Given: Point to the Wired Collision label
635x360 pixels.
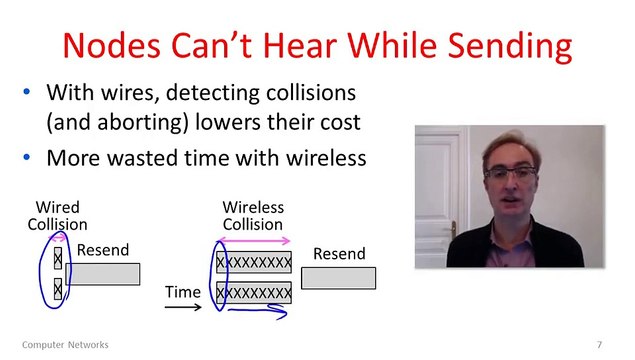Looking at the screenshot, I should [x=57, y=216].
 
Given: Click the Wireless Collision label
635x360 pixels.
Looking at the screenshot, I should [x=253, y=216].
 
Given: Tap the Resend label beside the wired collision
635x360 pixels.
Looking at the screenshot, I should [x=103, y=250].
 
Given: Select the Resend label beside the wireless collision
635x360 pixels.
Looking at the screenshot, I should [x=339, y=253].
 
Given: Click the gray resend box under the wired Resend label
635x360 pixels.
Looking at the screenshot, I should [x=103, y=273].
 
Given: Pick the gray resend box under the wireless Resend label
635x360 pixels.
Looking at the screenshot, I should [x=338, y=278].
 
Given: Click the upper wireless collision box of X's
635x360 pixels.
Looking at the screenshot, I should [x=254, y=264].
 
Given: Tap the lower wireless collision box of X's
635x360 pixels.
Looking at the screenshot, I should [x=254, y=293].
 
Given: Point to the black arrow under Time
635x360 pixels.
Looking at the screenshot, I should [x=184, y=308].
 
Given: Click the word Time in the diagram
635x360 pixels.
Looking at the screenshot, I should [x=183, y=290].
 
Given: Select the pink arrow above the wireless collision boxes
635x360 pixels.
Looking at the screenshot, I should [x=255, y=241].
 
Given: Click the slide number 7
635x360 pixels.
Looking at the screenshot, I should [x=599, y=345].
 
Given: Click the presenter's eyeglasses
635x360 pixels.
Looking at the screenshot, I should [x=511, y=172].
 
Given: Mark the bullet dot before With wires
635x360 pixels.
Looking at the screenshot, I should [x=27, y=93].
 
